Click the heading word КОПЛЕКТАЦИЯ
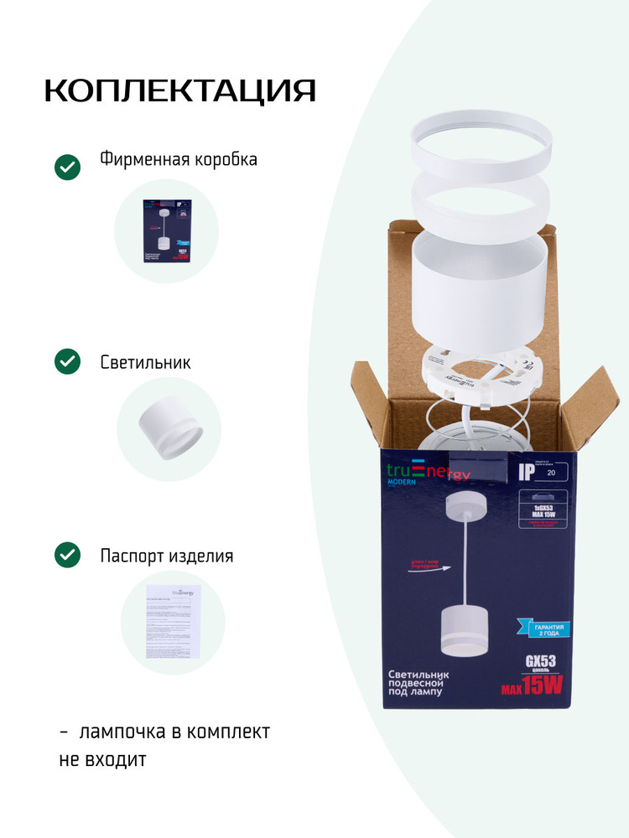[x=179, y=91]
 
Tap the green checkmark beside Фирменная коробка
[x=67, y=167]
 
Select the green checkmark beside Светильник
[x=67, y=362]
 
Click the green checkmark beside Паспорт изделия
[x=67, y=555]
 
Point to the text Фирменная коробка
[x=179, y=159]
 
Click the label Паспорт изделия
[x=167, y=556]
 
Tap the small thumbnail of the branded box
[x=166, y=230]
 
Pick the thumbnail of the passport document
[x=174, y=621]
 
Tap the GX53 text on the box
[x=542, y=661]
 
